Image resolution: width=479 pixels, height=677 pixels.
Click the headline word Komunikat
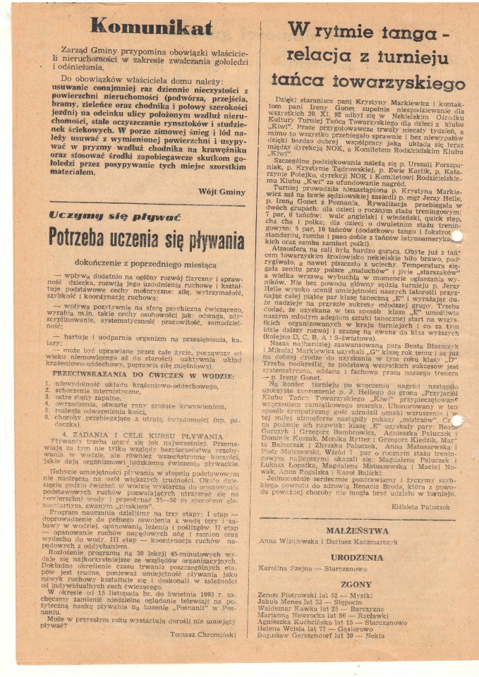151,28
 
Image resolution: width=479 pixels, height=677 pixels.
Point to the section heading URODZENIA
365,556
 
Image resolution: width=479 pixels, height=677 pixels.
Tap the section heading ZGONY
365,585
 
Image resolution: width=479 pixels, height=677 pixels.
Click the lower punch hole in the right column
457,420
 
